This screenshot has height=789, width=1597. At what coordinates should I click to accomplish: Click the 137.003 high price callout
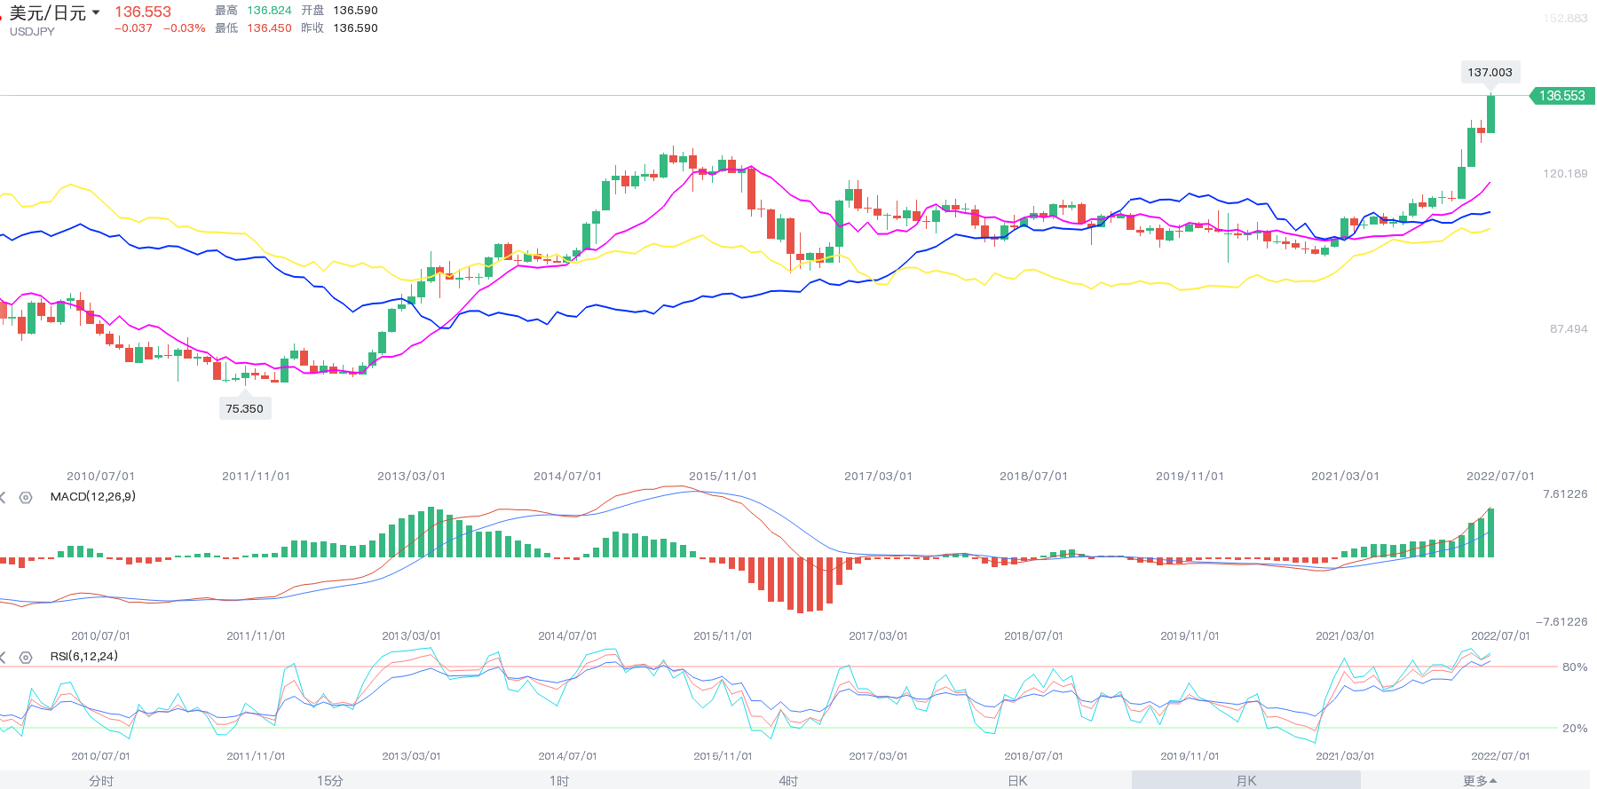pos(1490,73)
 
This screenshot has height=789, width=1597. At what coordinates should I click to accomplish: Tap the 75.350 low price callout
pos(244,408)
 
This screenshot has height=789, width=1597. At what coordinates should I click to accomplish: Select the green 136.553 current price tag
pos(1561,96)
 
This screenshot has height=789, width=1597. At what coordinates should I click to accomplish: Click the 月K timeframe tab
pos(1245,780)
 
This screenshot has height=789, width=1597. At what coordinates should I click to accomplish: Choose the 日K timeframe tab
pos(1017,780)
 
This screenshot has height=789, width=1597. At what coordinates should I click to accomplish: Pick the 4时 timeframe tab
pos(788,780)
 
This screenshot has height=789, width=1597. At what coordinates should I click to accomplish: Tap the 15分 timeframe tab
pos(329,780)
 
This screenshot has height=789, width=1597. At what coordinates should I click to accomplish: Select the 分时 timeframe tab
pos(101,780)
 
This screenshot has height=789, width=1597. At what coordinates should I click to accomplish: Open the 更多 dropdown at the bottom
pos(1479,780)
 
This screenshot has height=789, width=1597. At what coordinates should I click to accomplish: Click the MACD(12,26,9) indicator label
pos(93,496)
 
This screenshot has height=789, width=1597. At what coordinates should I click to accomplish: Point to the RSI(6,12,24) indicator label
pos(84,656)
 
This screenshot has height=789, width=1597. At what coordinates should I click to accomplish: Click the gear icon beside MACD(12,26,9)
pos(26,497)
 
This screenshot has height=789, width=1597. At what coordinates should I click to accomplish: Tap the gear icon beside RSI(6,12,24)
pos(26,657)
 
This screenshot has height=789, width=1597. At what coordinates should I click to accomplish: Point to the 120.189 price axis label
pos(1565,173)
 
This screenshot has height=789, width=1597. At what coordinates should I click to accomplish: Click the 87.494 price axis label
pos(1569,328)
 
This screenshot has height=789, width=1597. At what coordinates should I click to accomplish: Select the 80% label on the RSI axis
pos(1574,667)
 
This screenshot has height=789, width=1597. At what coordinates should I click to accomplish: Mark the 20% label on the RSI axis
pos(1574,728)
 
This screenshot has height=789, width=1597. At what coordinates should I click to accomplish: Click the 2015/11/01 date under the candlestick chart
pos(723,476)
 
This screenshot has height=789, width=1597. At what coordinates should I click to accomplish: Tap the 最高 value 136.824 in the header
pos(269,11)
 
